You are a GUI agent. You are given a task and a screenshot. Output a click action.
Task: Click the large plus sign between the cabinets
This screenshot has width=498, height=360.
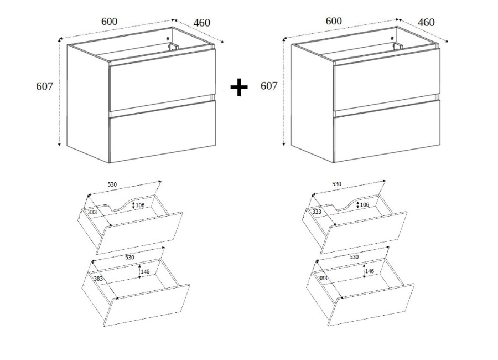[x=239, y=88]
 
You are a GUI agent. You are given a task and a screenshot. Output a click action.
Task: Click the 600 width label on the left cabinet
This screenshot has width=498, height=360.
[x=109, y=21]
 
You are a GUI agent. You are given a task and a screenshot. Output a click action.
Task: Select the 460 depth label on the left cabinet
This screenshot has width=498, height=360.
[x=201, y=23]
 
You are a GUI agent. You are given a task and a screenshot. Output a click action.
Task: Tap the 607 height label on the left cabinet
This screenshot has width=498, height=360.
[x=44, y=86]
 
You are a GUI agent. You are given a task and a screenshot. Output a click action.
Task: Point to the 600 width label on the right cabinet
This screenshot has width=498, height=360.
[x=334, y=21]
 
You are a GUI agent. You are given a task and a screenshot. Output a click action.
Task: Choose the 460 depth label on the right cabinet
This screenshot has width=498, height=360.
[x=426, y=22]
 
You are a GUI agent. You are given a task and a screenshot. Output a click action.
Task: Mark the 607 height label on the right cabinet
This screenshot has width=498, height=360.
[x=269, y=85]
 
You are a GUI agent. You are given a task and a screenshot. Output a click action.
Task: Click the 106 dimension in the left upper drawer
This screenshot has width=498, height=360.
[x=140, y=205]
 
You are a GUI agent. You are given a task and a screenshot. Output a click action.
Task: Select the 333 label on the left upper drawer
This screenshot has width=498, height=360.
[x=92, y=212]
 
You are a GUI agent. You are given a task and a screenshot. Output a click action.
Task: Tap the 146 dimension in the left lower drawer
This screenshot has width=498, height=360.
[x=145, y=271]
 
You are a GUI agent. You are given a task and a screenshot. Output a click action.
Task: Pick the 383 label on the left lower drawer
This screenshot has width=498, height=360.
[x=98, y=278]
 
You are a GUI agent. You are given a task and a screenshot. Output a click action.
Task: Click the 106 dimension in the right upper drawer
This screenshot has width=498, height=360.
[x=365, y=205]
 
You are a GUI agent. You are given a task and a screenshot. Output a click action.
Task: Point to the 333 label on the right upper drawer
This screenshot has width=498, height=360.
[x=317, y=212]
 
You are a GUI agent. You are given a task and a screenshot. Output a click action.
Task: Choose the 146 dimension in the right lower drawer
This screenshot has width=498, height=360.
[x=370, y=271]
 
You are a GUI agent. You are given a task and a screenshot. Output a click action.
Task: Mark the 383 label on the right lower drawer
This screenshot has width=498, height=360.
[x=323, y=278]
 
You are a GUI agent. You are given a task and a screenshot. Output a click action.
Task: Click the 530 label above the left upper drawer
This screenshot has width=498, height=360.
[x=112, y=184]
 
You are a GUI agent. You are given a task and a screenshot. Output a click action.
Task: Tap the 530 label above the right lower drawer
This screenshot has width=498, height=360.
[x=354, y=257]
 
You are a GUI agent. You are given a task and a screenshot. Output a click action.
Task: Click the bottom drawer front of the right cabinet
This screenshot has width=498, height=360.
[x=387, y=131]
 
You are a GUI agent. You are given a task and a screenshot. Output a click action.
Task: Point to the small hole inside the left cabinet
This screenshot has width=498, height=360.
[x=168, y=38]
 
